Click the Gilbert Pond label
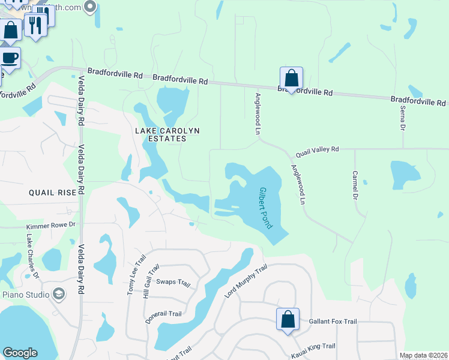265,208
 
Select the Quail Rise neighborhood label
53,193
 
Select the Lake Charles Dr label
32,257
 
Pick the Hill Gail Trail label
151,281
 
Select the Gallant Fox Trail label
333,322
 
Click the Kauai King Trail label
312,347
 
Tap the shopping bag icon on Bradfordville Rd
291,79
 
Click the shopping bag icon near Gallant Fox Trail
288,319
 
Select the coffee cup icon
10,59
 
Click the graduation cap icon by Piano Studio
59,294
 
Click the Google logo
20,353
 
